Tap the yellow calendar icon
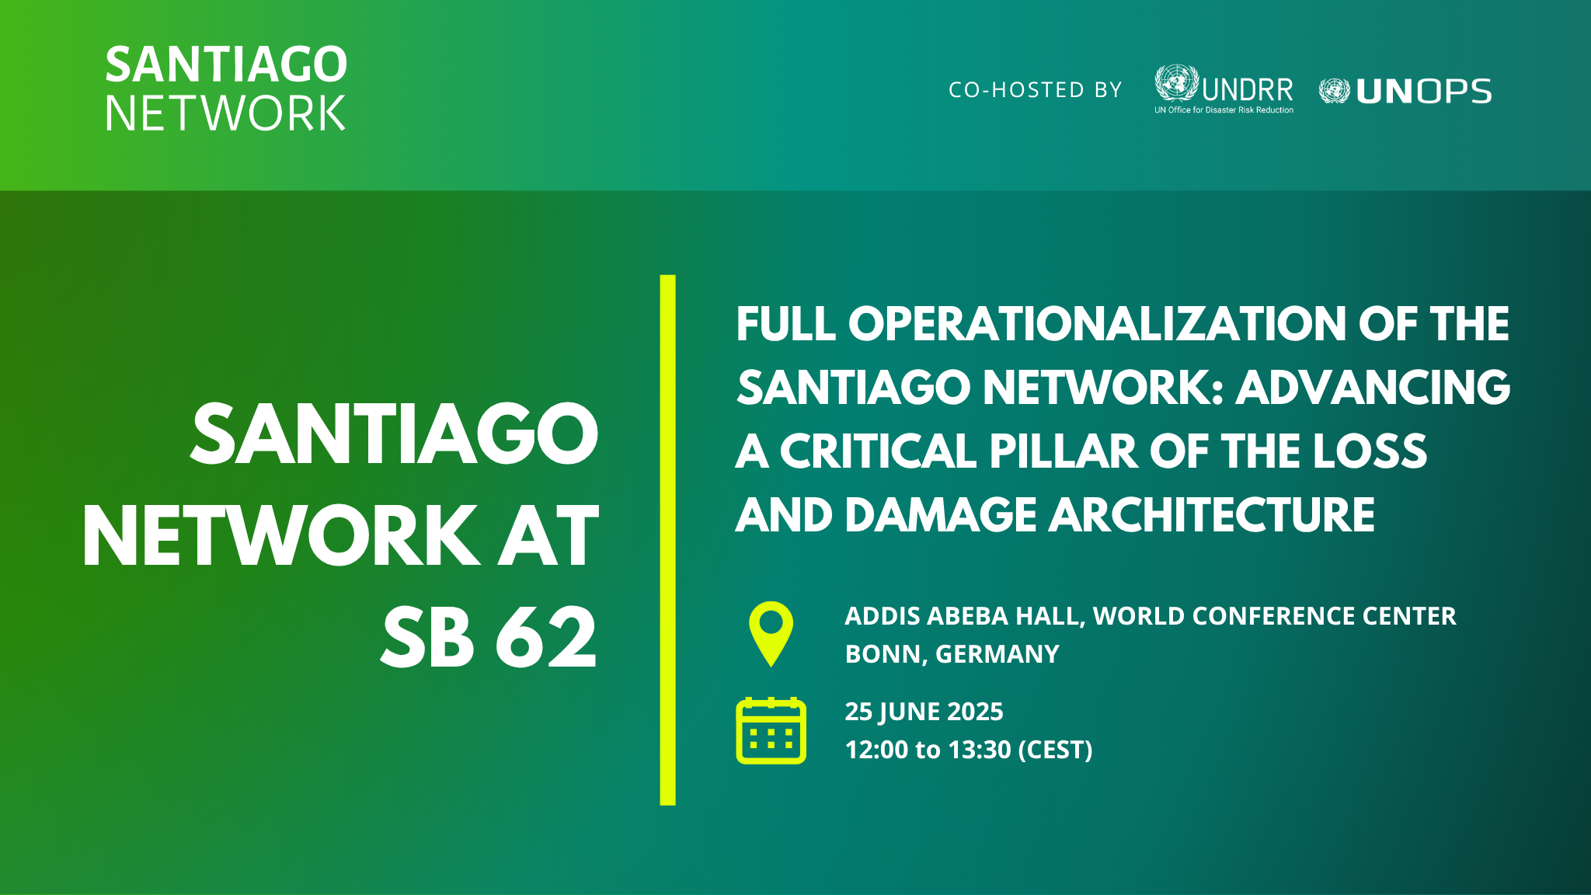pos(771,730)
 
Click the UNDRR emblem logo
pos(1176,82)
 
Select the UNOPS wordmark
pos(1423,92)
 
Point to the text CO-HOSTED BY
pos(1036,90)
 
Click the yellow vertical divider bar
pos(667,540)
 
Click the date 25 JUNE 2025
pos(924,712)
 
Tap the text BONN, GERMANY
pos(952,654)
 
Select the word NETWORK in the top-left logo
pos(225,113)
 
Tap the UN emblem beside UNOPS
pos(1335,92)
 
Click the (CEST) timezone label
pos(1055,750)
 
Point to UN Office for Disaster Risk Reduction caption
pos(1224,110)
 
